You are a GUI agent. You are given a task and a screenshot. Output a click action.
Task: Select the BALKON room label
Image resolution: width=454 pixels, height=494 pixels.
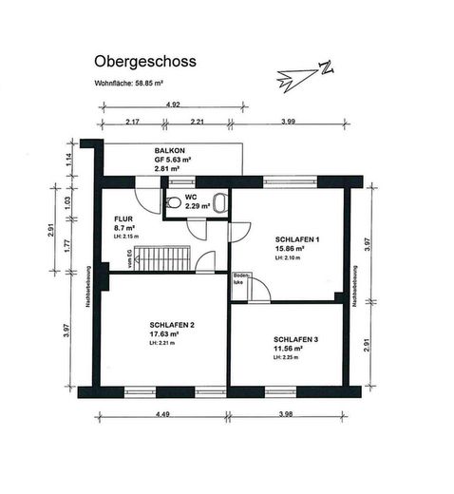point(172,151)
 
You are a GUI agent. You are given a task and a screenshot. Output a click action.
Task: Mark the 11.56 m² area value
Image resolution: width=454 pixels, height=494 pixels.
point(288,349)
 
